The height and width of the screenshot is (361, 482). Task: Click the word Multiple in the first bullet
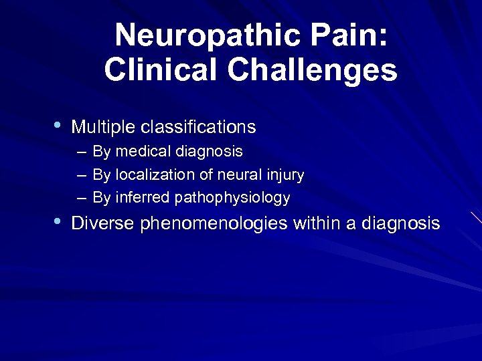coord(100,126)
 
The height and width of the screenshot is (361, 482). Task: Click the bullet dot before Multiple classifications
coord(58,125)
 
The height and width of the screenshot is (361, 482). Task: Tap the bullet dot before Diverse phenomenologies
coord(58,221)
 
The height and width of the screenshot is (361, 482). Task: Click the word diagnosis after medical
coord(210,152)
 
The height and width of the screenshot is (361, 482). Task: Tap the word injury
coord(284,175)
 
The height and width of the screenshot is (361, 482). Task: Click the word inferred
coord(142,198)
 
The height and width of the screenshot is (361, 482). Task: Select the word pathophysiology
coord(232,198)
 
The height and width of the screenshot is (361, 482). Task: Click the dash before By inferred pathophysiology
coord(81,199)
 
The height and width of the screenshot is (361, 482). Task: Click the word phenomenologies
coord(214,223)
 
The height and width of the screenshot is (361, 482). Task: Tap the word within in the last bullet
coord(317,223)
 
